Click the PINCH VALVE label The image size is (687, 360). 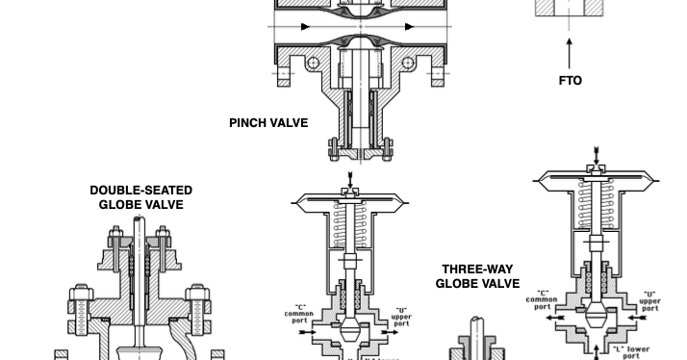point(268,122)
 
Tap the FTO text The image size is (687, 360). point(570,81)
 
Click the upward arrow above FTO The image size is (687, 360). point(570,50)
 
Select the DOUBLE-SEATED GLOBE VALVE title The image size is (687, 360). point(140,197)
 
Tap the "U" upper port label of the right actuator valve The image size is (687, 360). point(649,299)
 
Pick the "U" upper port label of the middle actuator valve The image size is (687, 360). point(401,316)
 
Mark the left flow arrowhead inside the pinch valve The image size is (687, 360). point(305,27)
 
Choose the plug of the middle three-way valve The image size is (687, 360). point(350,333)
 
